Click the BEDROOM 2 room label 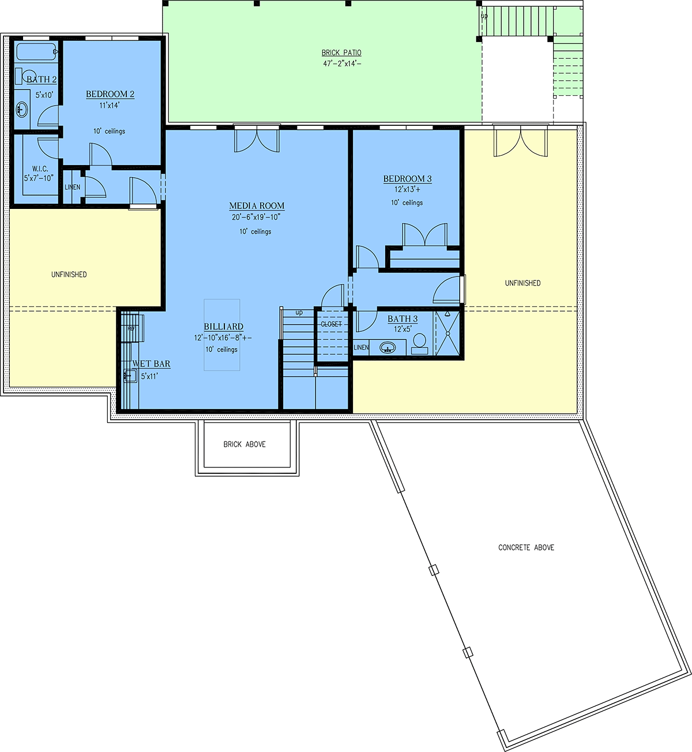(x=110, y=94)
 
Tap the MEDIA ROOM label (x=257, y=206)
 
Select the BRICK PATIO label (x=341, y=53)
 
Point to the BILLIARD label (x=224, y=327)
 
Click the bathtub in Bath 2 (x=36, y=52)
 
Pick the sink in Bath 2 (x=22, y=110)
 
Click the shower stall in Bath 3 (x=447, y=333)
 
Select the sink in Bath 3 (x=388, y=347)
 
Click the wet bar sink (x=130, y=375)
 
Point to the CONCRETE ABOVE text (x=526, y=547)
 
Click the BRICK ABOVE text (x=245, y=444)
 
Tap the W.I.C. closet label (x=40, y=169)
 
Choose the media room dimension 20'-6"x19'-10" (x=256, y=217)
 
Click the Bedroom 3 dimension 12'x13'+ (x=407, y=189)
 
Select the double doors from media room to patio (x=257, y=138)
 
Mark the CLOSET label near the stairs (x=331, y=324)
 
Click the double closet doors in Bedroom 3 (x=425, y=235)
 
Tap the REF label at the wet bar (x=131, y=328)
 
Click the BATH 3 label (x=403, y=319)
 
